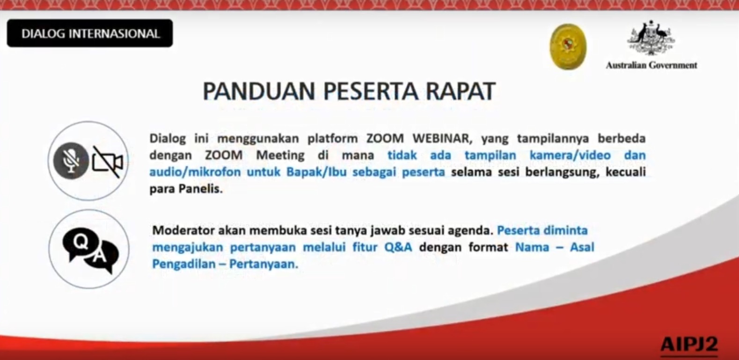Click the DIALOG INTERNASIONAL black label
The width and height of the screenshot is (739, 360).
point(90,33)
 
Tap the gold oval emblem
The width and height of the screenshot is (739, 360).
point(568,47)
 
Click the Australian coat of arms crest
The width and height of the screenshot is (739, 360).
point(651,37)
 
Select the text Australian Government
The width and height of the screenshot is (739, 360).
point(651,65)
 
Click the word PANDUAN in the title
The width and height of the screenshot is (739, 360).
point(259,91)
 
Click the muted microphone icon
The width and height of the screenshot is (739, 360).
point(71,161)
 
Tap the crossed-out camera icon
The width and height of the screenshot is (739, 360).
point(108,162)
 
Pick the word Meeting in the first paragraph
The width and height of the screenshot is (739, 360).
point(280,155)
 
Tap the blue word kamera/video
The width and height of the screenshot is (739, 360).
point(570,155)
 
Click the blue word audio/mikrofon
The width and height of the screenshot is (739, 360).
point(195,172)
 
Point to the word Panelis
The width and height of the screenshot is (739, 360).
point(201,189)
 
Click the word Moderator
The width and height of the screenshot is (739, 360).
point(183,230)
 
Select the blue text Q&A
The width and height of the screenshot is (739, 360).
point(398,247)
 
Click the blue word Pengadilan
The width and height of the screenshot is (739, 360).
point(184,264)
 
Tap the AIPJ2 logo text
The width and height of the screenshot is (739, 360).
point(689,345)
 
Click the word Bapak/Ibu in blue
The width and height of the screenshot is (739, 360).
point(316,172)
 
